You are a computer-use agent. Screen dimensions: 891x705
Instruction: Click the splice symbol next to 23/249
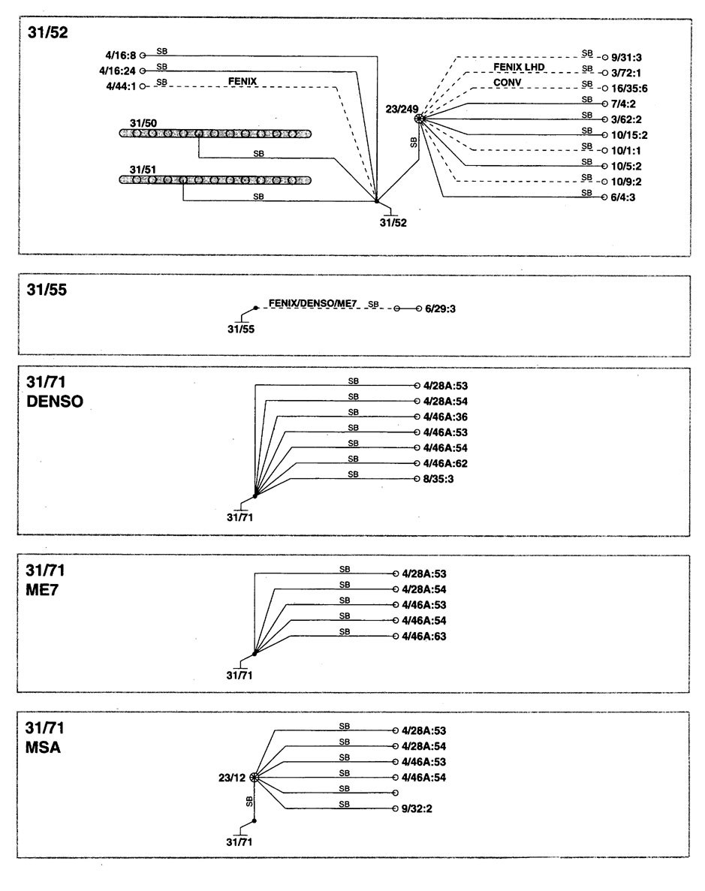(420, 119)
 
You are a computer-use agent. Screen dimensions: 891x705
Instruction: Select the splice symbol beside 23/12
(255, 777)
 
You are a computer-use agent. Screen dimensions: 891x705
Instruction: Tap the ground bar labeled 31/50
(215, 133)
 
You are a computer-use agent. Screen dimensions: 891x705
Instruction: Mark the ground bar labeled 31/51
(215, 180)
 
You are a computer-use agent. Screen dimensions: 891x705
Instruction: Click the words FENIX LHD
(518, 67)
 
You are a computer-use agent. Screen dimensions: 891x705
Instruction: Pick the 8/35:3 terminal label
(441, 479)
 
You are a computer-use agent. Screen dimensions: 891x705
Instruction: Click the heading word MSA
(44, 747)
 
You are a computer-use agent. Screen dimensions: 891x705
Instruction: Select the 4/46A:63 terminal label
(424, 637)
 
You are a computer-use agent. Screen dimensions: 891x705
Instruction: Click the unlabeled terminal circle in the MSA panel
(395, 793)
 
